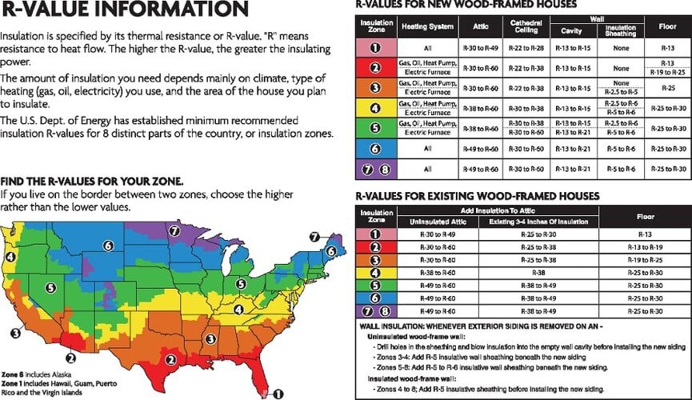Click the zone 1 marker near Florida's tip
pyautogui.click(x=278, y=393)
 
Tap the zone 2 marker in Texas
pyautogui.click(x=71, y=358)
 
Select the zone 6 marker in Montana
pyautogui.click(x=107, y=246)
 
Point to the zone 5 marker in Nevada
pyautogui.click(x=50, y=287)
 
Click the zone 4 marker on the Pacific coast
pyautogui.click(x=10, y=256)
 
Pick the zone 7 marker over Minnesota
pyautogui.click(x=174, y=230)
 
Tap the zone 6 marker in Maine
pyautogui.click(x=330, y=250)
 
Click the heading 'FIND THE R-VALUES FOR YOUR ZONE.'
pyautogui.click(x=92, y=181)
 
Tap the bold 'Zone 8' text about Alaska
pyautogui.click(x=10, y=374)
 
